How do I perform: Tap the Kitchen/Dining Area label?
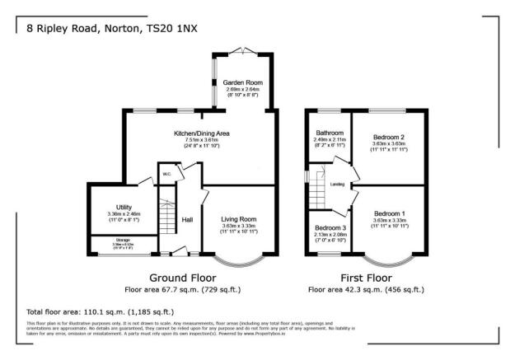point(201,133)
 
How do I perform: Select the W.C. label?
point(166,174)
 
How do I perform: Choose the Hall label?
point(187,219)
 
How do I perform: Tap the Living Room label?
point(239,218)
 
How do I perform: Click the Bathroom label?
point(330,133)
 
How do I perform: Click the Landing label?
point(337,184)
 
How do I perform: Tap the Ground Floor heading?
point(182,278)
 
